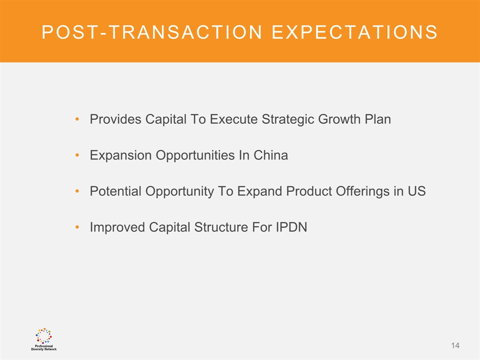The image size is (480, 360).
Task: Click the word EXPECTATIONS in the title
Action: [x=355, y=32]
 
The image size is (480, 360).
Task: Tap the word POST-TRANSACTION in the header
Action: [x=152, y=32]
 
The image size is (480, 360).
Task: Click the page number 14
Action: [x=455, y=345]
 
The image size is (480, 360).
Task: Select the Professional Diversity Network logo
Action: [x=44, y=339]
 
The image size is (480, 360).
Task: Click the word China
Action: [x=270, y=155]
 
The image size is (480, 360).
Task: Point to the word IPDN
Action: [x=291, y=227]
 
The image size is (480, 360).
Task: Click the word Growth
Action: [x=339, y=119]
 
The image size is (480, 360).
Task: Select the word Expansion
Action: [x=120, y=155]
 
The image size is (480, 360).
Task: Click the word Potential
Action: [x=115, y=191]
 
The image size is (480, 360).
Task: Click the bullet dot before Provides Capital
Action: [x=77, y=119]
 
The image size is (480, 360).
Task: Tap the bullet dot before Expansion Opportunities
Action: [x=77, y=155]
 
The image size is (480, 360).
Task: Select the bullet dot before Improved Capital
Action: [x=77, y=227]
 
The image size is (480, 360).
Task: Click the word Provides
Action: [x=115, y=119]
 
